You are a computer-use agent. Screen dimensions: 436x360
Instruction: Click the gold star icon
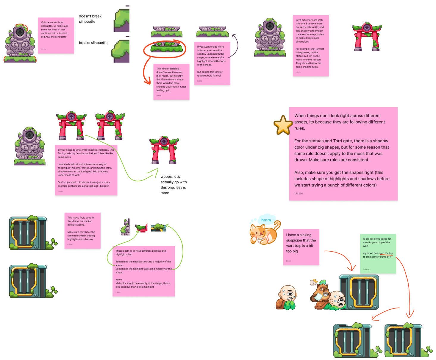click(283, 125)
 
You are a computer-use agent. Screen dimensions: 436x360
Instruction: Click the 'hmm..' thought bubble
click(267, 220)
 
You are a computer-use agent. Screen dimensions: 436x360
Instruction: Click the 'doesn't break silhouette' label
click(90, 19)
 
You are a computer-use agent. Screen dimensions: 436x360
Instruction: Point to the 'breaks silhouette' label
click(93, 43)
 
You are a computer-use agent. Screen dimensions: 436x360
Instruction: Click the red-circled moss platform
click(166, 48)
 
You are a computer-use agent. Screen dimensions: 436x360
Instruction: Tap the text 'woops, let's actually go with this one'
click(174, 185)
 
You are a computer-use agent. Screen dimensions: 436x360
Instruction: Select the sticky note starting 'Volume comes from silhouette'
click(56, 35)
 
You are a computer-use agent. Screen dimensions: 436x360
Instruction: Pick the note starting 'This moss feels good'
click(82, 230)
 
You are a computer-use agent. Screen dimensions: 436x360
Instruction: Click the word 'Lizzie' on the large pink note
click(299, 193)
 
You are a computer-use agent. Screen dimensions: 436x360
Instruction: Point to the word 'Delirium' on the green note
click(366, 269)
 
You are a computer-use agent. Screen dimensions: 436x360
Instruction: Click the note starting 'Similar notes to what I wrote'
click(86, 170)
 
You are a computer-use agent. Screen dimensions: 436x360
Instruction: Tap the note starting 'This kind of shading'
click(171, 82)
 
